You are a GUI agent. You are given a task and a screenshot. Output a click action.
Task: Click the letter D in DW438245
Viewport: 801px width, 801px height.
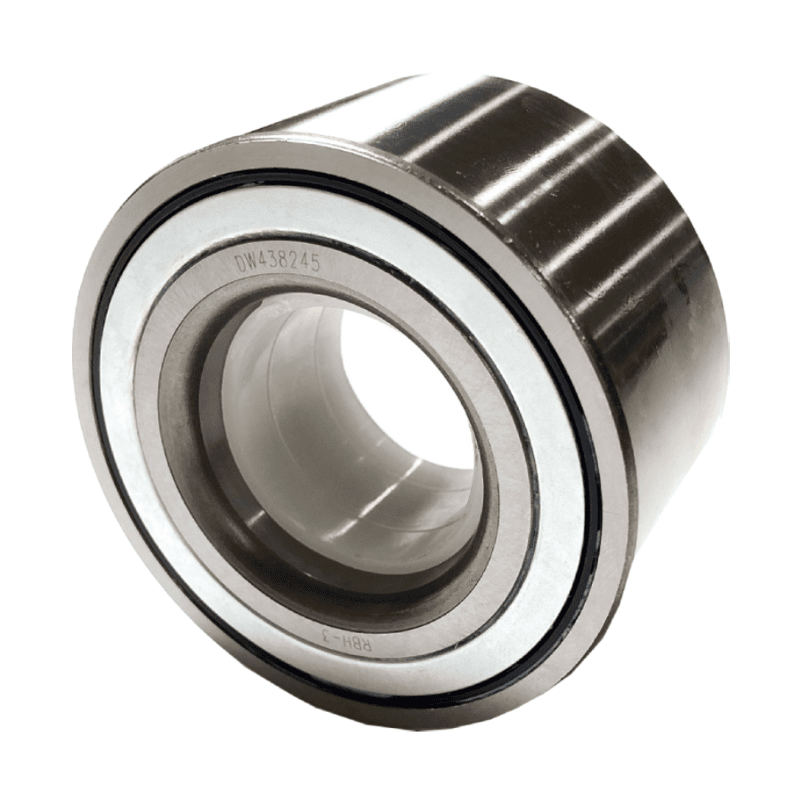(239, 263)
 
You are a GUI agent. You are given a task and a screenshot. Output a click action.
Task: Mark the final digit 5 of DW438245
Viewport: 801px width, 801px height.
(315, 264)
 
